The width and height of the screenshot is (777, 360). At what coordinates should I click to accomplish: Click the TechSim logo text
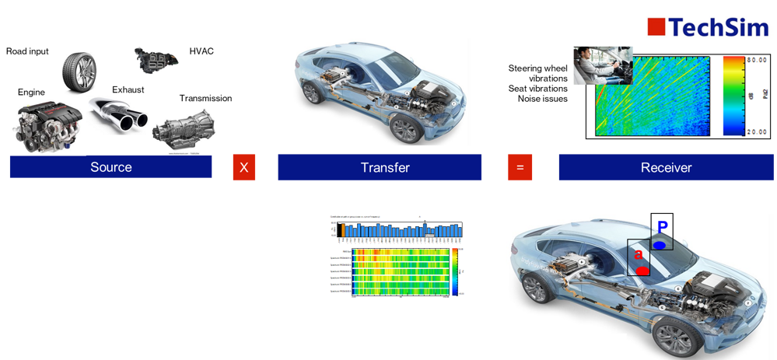(719, 27)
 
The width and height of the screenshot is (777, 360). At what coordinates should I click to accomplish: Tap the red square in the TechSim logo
(656, 27)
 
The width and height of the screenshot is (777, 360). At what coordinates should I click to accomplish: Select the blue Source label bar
(110, 167)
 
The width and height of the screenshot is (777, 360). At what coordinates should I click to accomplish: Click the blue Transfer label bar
(380, 167)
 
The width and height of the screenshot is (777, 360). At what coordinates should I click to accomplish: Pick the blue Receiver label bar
(666, 167)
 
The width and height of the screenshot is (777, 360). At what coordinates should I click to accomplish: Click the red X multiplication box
(243, 167)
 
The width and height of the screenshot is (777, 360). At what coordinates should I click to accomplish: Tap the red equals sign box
(520, 167)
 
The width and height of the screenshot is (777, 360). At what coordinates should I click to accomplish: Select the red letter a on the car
(638, 253)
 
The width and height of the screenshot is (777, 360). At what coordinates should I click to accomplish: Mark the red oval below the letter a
(642, 270)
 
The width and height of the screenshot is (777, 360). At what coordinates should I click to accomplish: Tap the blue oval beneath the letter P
(660, 245)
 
